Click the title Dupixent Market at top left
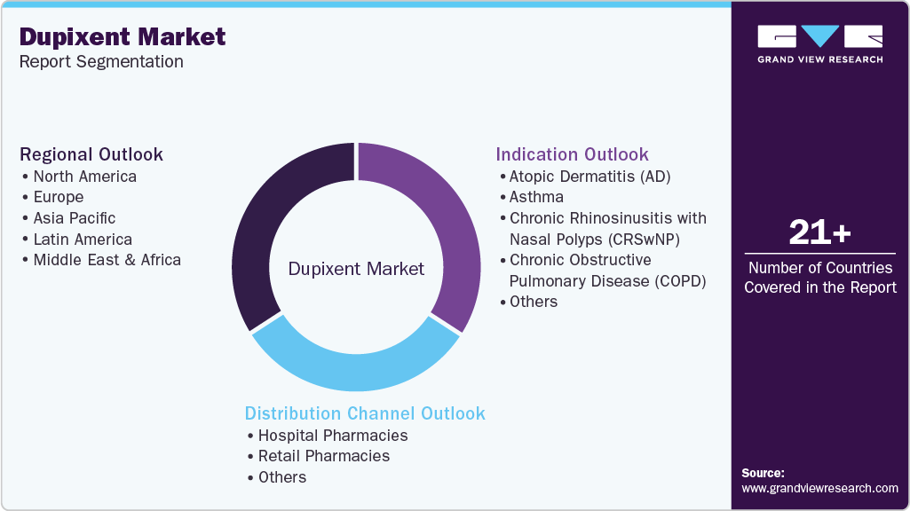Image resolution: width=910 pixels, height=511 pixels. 123,36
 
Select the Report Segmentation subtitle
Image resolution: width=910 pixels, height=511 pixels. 101,61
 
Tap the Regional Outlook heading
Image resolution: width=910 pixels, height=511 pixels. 91,154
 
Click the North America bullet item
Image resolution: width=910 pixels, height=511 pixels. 84,176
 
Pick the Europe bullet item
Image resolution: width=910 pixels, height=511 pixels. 58,197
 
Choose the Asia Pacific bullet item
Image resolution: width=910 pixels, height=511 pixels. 74,218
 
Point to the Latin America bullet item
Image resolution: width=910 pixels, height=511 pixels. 82,240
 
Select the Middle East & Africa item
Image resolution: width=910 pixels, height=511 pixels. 107,260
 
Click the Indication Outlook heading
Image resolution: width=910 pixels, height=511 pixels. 572,154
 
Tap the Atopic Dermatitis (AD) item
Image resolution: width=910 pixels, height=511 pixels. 590,176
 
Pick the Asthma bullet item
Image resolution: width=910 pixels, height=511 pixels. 536,197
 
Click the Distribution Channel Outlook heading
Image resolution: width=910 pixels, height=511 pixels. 365,413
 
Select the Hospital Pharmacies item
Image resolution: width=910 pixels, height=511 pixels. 332,435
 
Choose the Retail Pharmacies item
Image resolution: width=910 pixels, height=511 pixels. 323,456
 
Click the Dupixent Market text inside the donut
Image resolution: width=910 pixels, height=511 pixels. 356,269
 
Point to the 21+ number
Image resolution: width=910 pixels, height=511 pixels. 819,233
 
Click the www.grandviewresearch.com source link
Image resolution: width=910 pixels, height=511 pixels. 819,488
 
